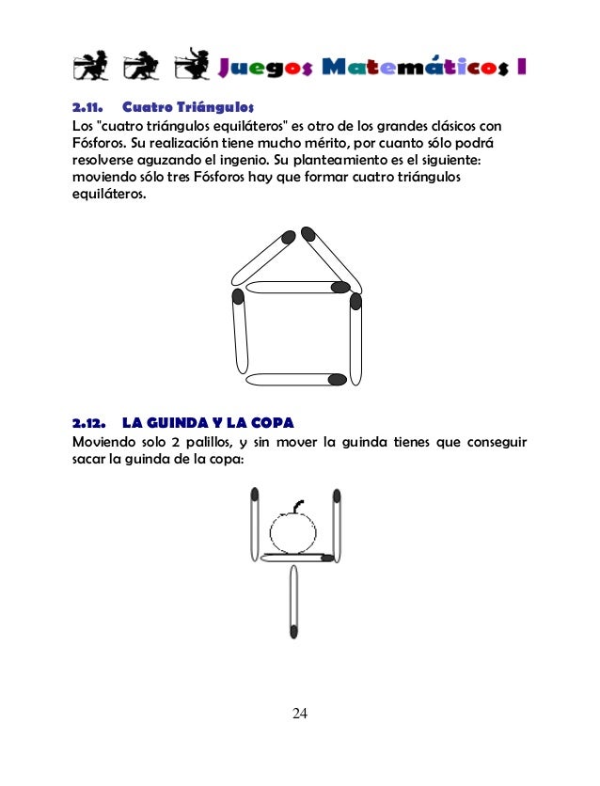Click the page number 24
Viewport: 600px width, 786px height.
coord(299,714)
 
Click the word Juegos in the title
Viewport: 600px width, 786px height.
coord(265,68)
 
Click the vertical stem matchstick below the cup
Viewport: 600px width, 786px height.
coord(294,602)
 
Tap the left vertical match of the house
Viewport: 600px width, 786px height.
coord(239,335)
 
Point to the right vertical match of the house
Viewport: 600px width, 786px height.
coord(355,338)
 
